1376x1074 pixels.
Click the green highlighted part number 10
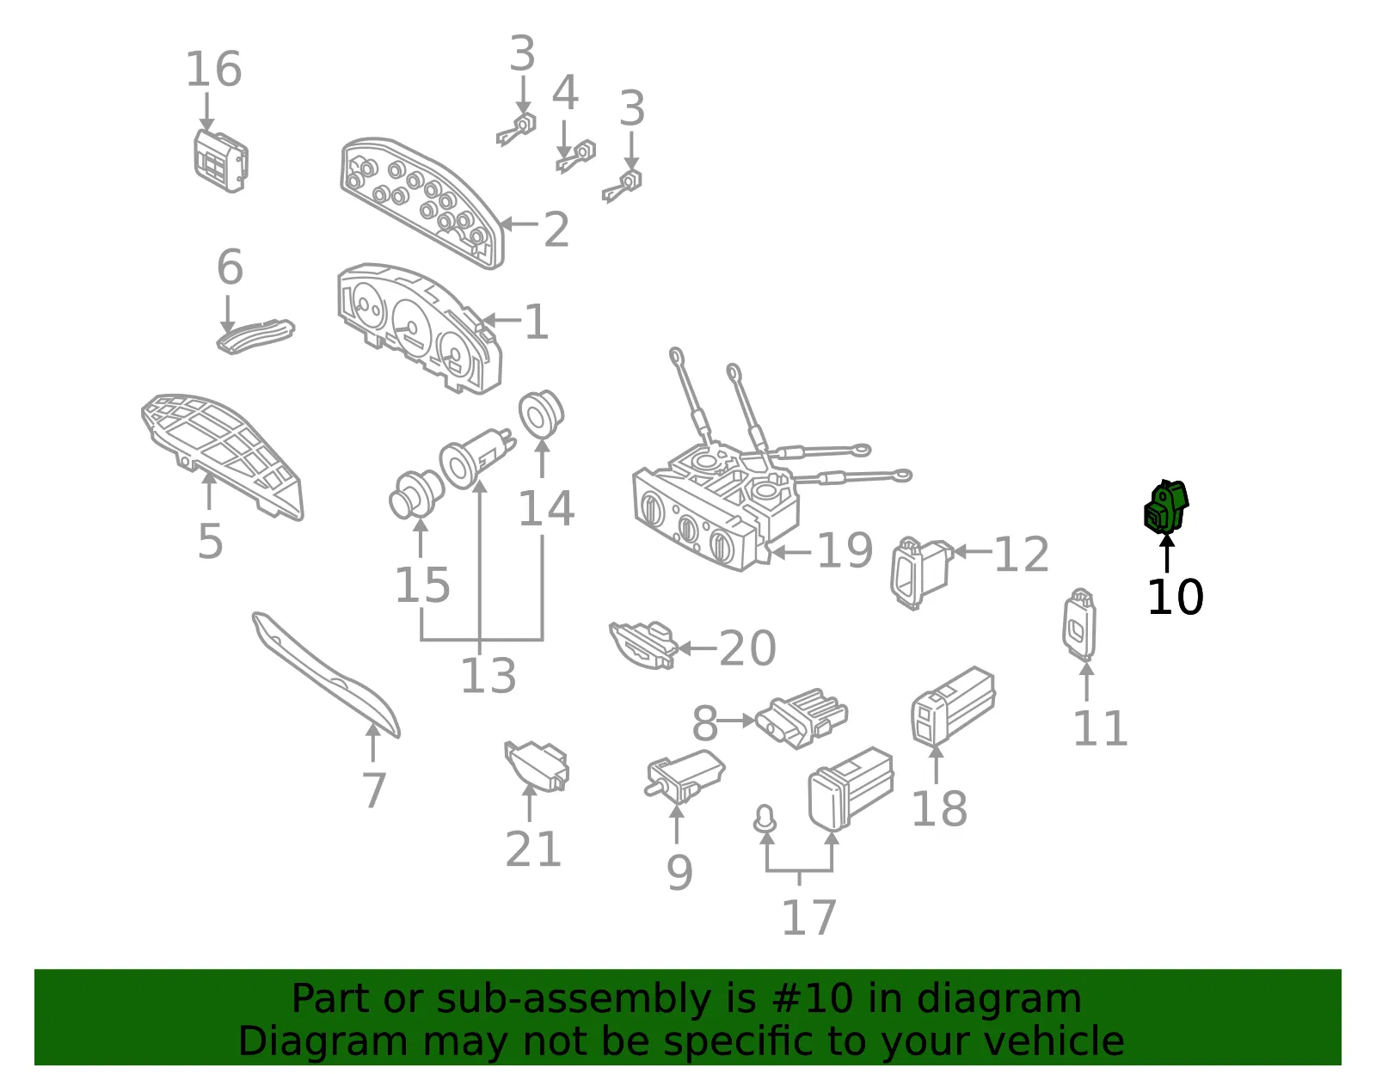[1166, 507]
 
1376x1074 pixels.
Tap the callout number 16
[213, 69]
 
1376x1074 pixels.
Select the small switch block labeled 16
[220, 161]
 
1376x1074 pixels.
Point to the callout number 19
[845, 549]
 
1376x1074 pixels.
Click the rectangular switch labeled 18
[953, 706]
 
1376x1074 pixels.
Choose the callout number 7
[374, 790]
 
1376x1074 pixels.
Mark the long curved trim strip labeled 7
[325, 674]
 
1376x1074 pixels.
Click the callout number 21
[533, 849]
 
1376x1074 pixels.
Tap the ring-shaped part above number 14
[541, 414]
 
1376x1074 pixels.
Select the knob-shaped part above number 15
[416, 494]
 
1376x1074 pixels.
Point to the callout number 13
[488, 675]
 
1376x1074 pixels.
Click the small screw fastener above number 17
[765, 819]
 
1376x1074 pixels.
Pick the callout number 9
[679, 873]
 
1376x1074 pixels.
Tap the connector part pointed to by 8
[802, 718]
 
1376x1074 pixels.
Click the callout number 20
[747, 648]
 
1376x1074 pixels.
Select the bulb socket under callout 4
[577, 156]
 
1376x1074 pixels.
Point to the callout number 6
[230, 267]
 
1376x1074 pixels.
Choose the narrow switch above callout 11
[1079, 624]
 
